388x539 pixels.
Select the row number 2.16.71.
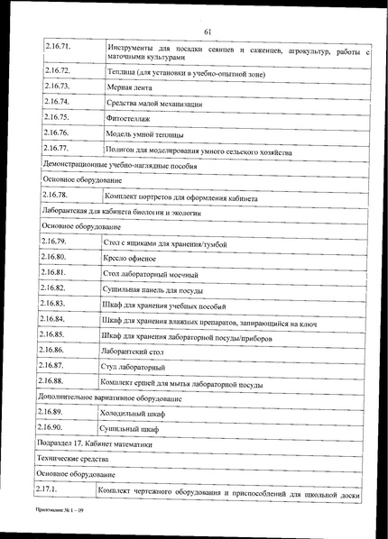58,45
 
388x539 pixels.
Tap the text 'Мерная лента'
128,89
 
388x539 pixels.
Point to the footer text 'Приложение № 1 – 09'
61,510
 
